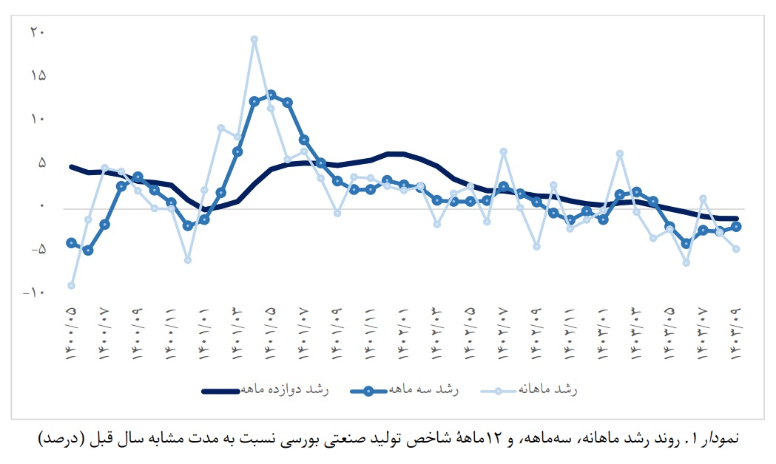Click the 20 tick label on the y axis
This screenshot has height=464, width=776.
click(38, 32)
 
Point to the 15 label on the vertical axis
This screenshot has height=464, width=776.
click(38, 75)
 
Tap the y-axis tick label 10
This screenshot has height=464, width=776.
click(38, 119)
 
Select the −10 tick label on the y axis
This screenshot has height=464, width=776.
click(34, 293)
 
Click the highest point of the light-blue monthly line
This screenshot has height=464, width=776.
click(254, 40)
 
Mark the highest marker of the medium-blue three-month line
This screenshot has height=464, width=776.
click(271, 95)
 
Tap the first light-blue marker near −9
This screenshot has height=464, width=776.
click(71, 285)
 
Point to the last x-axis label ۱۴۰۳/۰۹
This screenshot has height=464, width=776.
click(737, 333)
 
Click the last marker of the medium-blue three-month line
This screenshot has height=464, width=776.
click(737, 227)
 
